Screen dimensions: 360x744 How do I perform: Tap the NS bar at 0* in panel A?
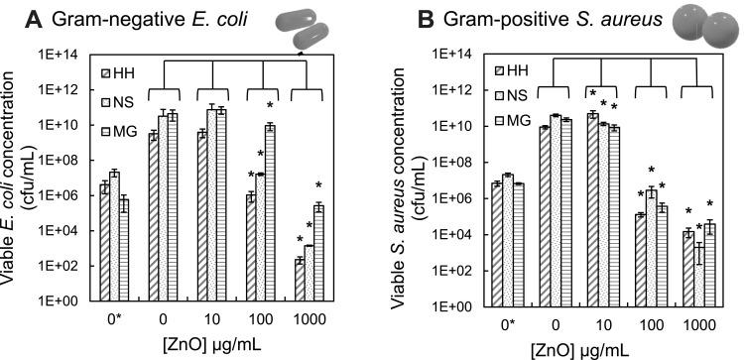pyautogui.click(x=114, y=236)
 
